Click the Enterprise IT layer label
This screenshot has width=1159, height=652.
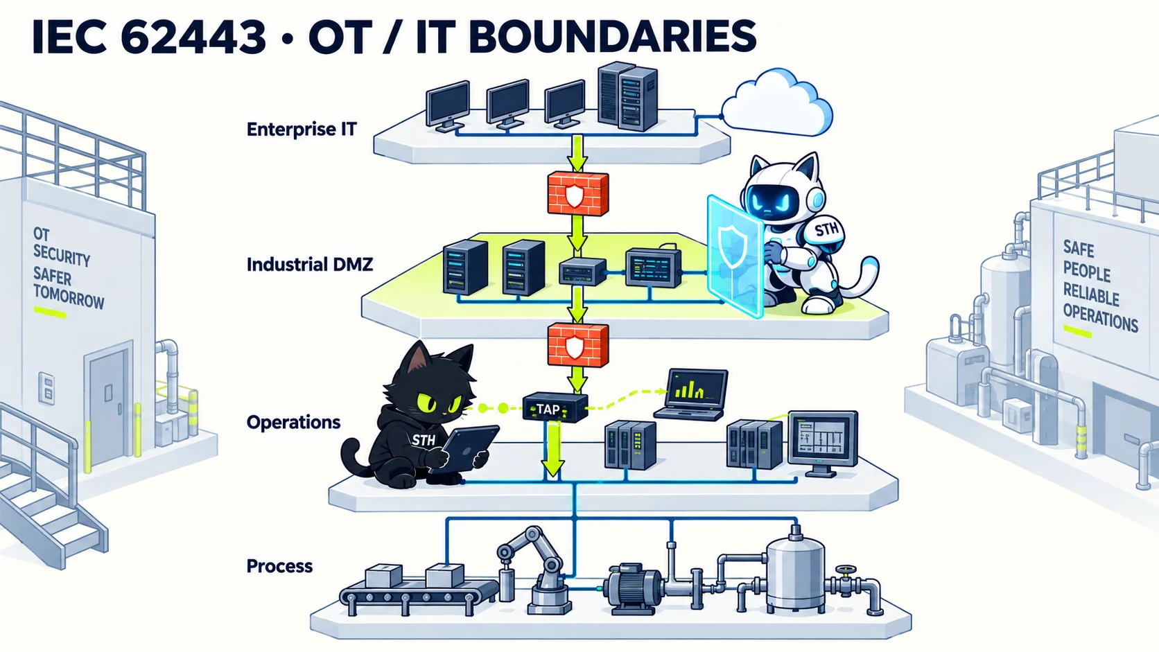click(302, 130)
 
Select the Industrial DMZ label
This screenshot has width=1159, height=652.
click(310, 265)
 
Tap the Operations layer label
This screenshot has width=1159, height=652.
click(293, 423)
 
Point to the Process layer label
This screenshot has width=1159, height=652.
click(279, 566)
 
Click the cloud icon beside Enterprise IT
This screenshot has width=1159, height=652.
click(776, 103)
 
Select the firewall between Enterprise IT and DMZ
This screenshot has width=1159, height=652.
click(577, 193)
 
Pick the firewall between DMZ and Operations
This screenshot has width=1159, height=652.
click(577, 345)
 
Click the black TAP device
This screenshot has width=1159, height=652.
click(555, 407)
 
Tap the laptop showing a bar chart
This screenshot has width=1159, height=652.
click(692, 394)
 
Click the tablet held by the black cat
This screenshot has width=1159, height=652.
click(464, 448)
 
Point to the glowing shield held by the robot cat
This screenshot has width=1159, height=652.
click(735, 256)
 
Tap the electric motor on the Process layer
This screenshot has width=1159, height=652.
click(632, 589)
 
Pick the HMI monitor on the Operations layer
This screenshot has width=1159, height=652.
click(822, 443)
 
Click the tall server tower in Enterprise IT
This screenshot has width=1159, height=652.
click(627, 97)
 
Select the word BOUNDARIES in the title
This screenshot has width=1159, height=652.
click(612, 36)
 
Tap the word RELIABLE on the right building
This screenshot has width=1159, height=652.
click(1090, 294)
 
